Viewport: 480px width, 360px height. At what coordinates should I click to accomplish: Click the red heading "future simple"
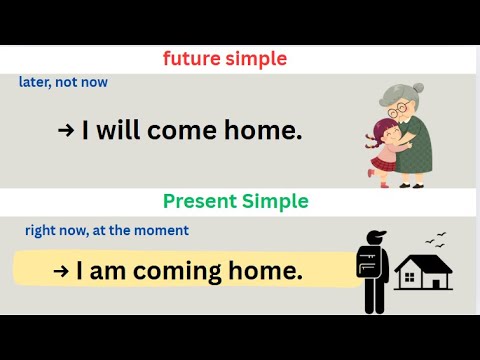pos(225,59)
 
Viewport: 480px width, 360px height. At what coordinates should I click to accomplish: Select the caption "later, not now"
pos(63,82)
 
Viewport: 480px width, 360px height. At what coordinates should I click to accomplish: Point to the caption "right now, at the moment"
pos(107,230)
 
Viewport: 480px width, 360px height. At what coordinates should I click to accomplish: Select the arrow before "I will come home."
pos(67,129)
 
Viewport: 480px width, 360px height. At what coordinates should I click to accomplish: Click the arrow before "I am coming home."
pos(60,270)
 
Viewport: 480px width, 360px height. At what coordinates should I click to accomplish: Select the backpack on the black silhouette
pos(367,262)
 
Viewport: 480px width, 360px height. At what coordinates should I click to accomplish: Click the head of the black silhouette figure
pos(375,238)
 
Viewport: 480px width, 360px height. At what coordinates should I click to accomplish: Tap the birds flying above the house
pos(435,238)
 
